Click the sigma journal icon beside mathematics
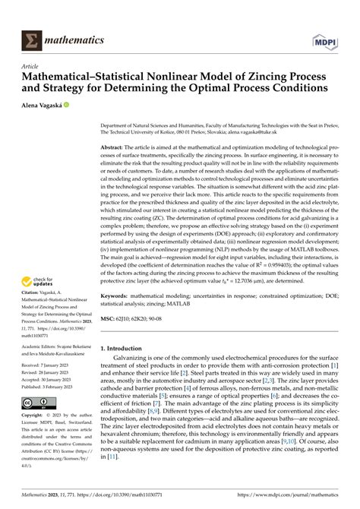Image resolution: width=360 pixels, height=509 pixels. (32, 39)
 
